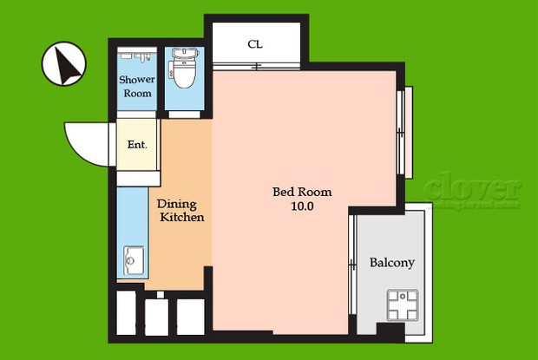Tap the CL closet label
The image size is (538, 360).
pyautogui.click(x=254, y=43)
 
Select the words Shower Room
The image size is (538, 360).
pyautogui.click(x=136, y=87)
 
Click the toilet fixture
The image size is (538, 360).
pyautogui.click(x=182, y=72)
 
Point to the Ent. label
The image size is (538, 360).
pyautogui.click(x=137, y=145)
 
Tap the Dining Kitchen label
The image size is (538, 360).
pyautogui.click(x=180, y=211)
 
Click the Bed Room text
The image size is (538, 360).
pyautogui.click(x=302, y=192)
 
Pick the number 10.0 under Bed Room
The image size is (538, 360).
pyautogui.click(x=302, y=207)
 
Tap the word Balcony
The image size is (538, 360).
pyautogui.click(x=391, y=263)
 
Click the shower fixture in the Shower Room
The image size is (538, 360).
pyautogui.click(x=136, y=54)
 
